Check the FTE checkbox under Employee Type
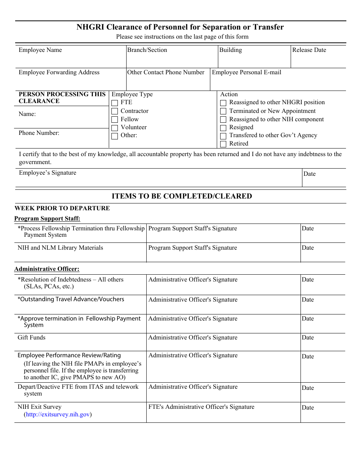(114, 103)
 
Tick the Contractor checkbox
(114, 111)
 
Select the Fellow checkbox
(114, 120)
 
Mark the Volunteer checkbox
(114, 128)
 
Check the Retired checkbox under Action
(223, 144)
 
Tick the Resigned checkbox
(223, 128)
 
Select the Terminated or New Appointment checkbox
(223, 111)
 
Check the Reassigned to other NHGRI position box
(223, 103)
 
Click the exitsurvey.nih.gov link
(58, 414)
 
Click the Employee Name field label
(40, 50)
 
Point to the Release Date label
(309, 50)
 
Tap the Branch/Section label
(147, 50)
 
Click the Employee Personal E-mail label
(246, 72)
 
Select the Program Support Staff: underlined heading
(47, 219)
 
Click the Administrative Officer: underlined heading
(47, 269)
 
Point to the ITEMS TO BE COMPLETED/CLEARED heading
(182, 196)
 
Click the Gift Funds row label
(31, 338)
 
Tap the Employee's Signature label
(47, 173)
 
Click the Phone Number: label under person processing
(39, 133)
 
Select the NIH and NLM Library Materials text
(60, 248)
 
